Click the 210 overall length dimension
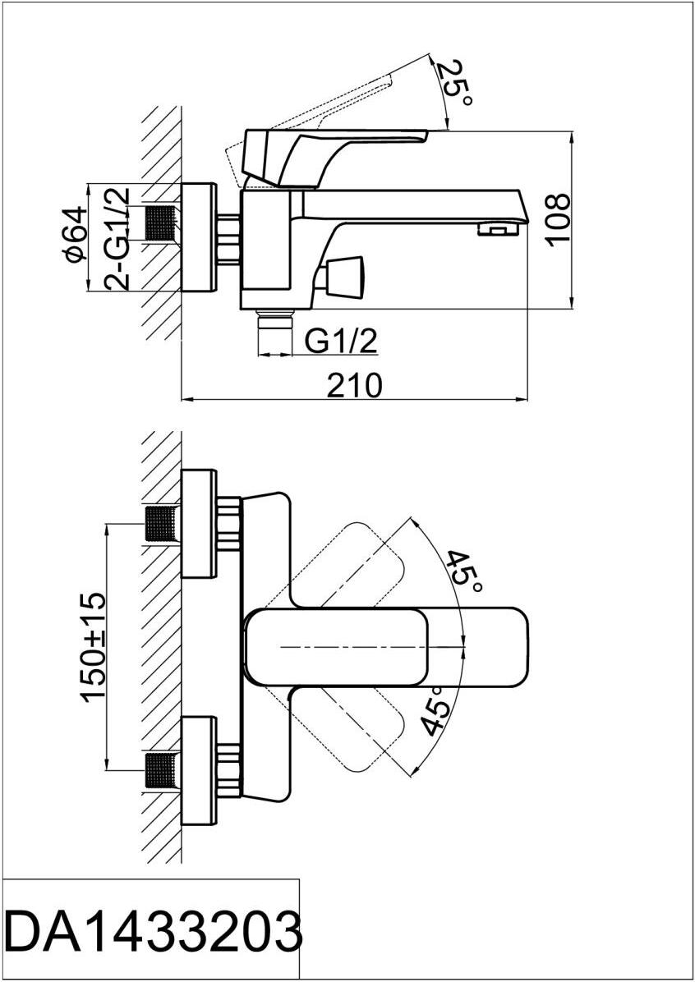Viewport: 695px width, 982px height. pyautogui.click(x=355, y=384)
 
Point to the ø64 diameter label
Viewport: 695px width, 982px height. pyautogui.click(x=75, y=235)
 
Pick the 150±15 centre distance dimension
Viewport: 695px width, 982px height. pyautogui.click(x=94, y=646)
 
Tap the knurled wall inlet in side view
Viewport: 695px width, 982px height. pyautogui.click(x=163, y=223)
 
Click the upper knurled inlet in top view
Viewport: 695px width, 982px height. pyautogui.click(x=163, y=523)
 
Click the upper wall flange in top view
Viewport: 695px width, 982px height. pyautogui.click(x=199, y=523)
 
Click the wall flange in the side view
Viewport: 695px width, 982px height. pyautogui.click(x=199, y=237)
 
